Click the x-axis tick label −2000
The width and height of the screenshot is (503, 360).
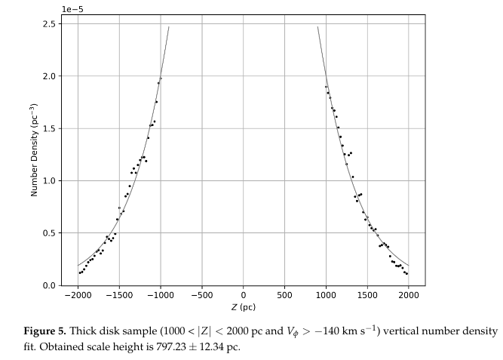tap(77, 295)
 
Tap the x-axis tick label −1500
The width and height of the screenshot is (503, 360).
tap(118, 295)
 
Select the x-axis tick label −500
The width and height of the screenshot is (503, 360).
tap(201, 295)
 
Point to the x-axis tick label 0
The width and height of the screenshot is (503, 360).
tap(243, 295)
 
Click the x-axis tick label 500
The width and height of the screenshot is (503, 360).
tap(284, 295)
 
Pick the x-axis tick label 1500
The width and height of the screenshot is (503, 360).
tap(367, 295)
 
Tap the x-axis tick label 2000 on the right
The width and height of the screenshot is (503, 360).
tap(409, 295)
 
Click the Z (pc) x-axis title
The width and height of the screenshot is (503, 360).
tap(243, 307)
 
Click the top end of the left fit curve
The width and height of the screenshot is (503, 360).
tap(168, 27)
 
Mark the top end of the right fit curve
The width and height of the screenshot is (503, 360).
tap(317, 27)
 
